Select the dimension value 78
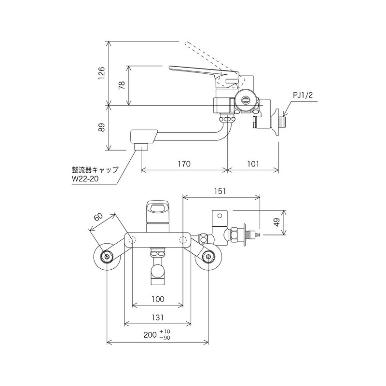click(x=122, y=85)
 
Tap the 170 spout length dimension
click(x=184, y=164)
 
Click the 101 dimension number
click(x=252, y=164)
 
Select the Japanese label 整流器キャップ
click(x=95, y=170)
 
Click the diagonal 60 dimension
click(x=98, y=219)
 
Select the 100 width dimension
click(x=158, y=299)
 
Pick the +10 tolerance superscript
click(x=167, y=331)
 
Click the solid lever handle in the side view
click(x=198, y=71)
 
